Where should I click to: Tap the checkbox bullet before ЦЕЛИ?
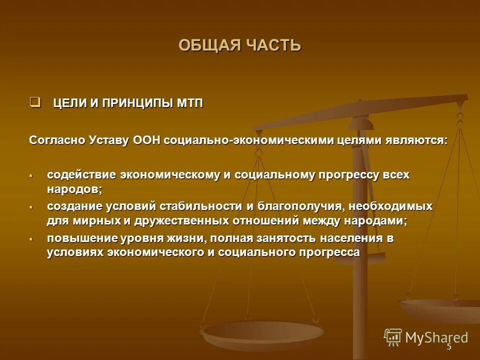pos(34,102)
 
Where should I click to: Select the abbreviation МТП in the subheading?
pos(189,103)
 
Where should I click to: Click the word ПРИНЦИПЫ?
pos(137,103)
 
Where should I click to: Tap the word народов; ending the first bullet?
pos(75,189)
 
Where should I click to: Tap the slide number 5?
pos(448,346)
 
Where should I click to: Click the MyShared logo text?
pos(436,337)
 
